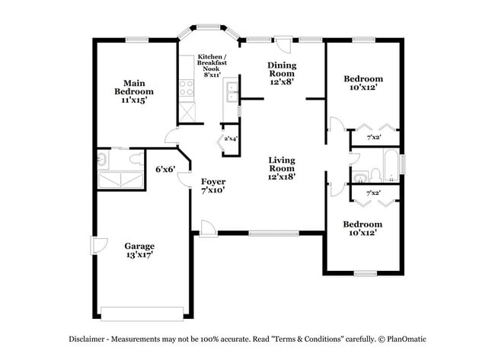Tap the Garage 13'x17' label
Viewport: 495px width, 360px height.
(x=140, y=250)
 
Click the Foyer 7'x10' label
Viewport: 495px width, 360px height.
(x=212, y=187)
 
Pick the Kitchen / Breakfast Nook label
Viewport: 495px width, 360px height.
(x=211, y=66)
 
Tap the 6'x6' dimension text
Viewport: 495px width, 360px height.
(x=165, y=169)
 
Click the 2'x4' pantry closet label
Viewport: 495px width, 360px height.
(x=229, y=139)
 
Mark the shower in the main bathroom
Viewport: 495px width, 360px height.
(x=120, y=178)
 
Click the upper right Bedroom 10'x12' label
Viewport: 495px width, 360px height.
(x=362, y=83)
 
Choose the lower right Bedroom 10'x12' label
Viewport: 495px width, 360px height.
(x=362, y=229)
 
